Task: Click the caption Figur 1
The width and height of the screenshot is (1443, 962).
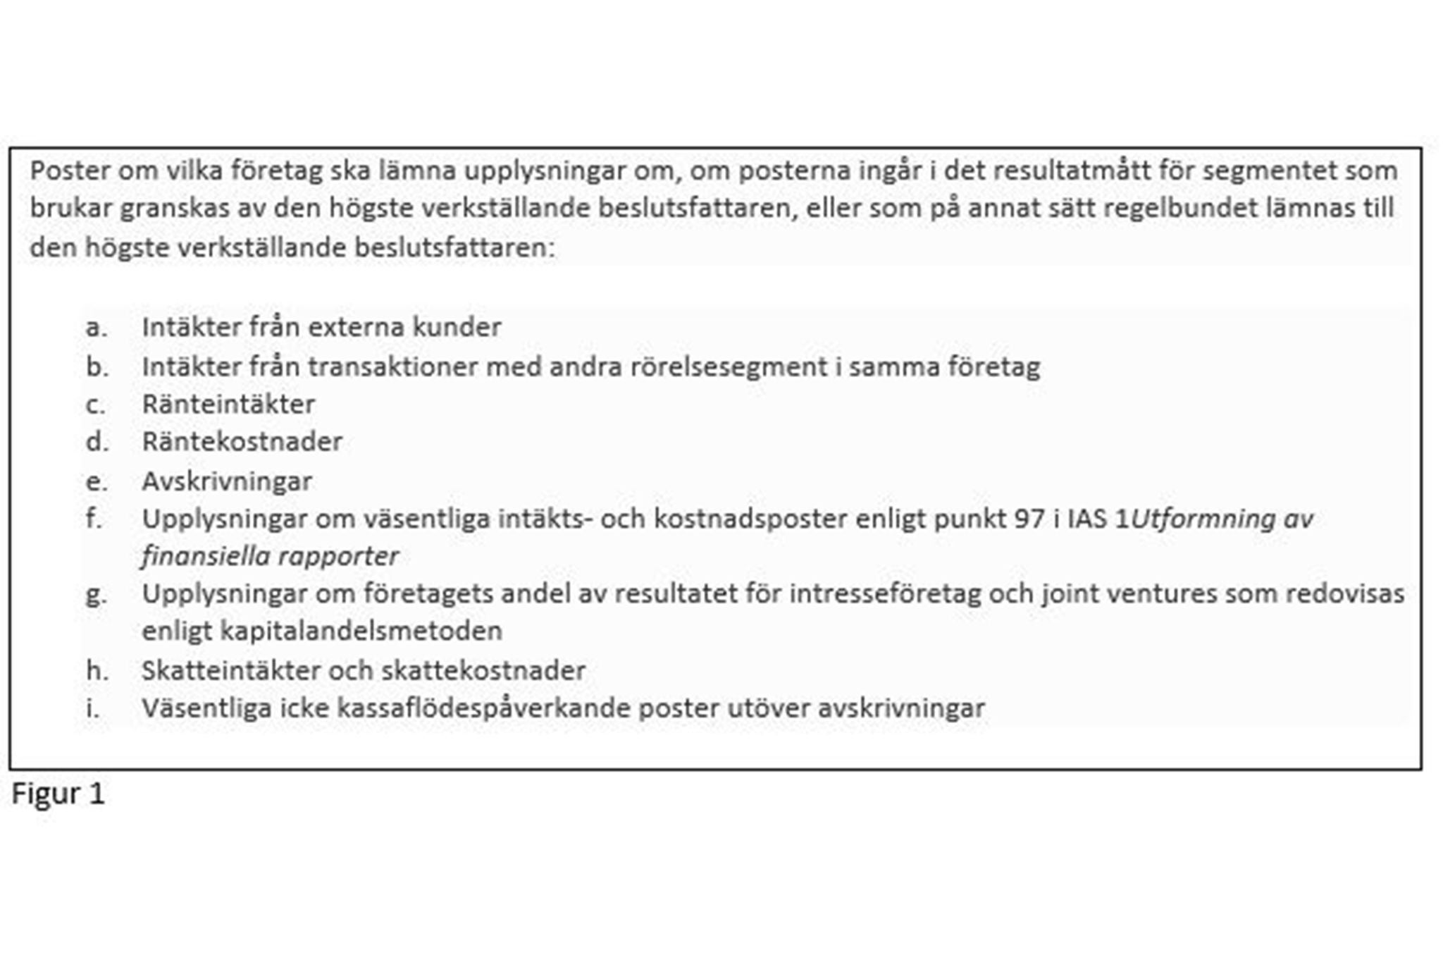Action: [58, 794]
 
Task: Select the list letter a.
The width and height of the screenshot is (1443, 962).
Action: [96, 328]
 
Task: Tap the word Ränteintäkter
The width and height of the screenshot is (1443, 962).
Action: [228, 405]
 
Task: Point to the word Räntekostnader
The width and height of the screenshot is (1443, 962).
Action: [242, 442]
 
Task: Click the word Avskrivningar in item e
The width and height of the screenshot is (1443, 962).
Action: [226, 482]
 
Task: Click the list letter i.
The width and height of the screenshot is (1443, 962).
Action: [92, 708]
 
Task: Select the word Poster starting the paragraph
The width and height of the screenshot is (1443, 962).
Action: [69, 171]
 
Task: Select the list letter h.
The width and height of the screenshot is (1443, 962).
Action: [97, 670]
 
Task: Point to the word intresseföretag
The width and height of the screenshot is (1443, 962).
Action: [885, 594]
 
